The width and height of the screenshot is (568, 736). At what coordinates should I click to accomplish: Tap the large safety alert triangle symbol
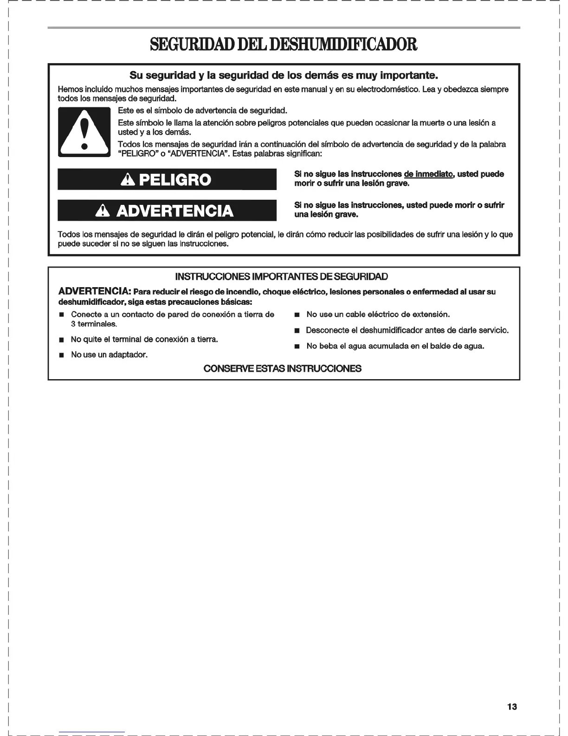coord(84,132)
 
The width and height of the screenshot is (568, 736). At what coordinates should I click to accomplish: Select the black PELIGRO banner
coord(167,180)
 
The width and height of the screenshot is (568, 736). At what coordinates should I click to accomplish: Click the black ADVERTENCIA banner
coord(167,211)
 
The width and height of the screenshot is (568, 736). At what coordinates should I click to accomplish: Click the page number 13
coord(512,707)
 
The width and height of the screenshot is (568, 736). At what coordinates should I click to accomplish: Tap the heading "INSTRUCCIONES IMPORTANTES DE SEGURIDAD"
coord(281,277)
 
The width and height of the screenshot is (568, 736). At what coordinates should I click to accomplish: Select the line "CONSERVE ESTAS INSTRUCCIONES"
coord(282,369)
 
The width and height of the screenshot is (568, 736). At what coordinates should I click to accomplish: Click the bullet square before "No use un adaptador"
coord(61,355)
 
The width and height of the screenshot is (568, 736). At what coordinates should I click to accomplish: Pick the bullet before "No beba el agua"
coord(297,347)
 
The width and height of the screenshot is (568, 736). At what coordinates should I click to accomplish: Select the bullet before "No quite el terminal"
coord(61,340)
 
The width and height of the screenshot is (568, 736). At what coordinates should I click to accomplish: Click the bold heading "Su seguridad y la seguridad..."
coord(284,75)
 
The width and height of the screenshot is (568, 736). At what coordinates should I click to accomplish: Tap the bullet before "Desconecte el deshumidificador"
coord(297,331)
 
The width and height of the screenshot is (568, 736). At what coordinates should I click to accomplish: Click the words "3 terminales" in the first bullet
coord(90,324)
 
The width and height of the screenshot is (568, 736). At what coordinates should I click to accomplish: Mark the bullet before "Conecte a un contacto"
coord(61,315)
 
